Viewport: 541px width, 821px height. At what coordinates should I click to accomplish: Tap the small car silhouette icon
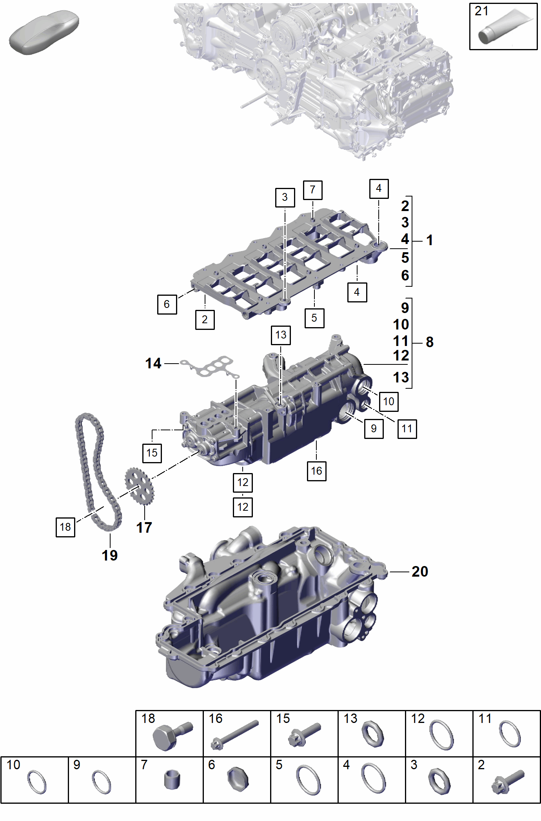coord(44,33)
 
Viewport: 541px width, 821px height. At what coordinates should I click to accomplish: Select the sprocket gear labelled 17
coord(139,486)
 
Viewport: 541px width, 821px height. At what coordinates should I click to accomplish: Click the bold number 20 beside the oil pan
coord(420,572)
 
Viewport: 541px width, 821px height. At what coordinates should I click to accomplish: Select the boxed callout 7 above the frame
coord(313,190)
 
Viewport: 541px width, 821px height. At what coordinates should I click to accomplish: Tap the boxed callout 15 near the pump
coord(152,453)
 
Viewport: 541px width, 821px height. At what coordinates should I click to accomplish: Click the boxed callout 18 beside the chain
coord(65,527)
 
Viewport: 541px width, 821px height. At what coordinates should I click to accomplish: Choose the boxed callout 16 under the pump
coord(317,471)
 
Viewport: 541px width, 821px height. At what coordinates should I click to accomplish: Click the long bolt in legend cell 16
coord(234,735)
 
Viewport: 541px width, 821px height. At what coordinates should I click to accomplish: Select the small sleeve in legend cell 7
coord(172,779)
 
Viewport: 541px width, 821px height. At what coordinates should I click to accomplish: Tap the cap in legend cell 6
coord(238,779)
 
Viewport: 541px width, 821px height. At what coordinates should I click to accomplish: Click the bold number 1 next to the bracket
coord(430,240)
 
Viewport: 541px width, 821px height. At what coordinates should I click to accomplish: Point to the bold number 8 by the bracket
coord(430,342)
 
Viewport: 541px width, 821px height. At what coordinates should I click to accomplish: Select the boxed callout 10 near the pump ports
coord(389,402)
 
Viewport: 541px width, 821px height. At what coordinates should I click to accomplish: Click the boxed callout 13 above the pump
coord(281,335)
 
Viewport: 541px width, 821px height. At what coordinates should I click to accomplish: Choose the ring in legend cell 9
coord(102,782)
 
